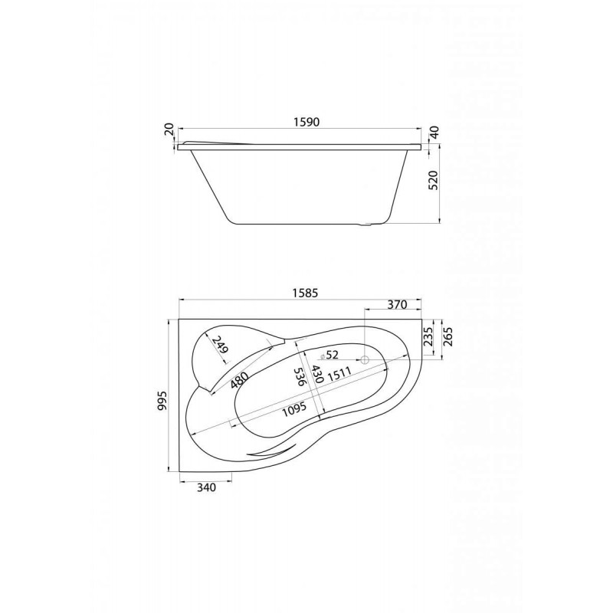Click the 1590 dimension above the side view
[x=306, y=122]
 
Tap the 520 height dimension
[x=434, y=180]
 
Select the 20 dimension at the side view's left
[x=169, y=129]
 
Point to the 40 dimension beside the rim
[x=434, y=131]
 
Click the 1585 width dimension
[x=305, y=293]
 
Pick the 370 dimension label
[x=397, y=304]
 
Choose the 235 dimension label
[x=429, y=337]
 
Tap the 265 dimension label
[x=447, y=337]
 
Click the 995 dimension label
[x=162, y=399]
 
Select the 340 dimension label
[x=205, y=487]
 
